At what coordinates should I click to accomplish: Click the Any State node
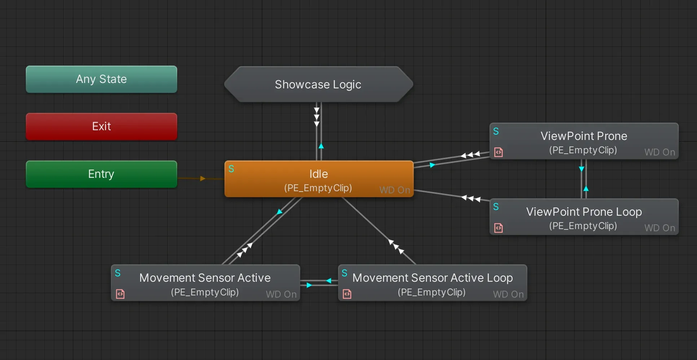tap(101, 79)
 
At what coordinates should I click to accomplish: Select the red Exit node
tap(101, 126)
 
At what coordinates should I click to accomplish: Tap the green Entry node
tap(101, 174)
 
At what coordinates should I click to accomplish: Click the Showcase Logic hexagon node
tap(318, 84)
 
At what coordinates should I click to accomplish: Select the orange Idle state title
tap(318, 174)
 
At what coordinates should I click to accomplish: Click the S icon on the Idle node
tap(231, 169)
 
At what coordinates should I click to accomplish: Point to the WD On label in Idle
tap(394, 190)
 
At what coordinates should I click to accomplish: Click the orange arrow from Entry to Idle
tap(203, 179)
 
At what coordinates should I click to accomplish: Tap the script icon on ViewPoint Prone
tap(498, 152)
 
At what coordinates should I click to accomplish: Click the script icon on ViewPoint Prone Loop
tap(498, 228)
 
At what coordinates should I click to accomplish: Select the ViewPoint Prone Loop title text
tap(584, 212)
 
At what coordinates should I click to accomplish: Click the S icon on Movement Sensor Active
tap(118, 273)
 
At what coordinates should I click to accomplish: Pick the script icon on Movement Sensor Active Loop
tap(347, 294)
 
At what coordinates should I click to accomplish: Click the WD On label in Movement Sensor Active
tap(281, 294)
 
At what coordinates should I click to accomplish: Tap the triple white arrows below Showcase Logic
tap(317, 117)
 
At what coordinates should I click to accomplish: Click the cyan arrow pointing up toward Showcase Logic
tap(321, 146)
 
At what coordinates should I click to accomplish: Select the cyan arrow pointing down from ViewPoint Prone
tap(581, 169)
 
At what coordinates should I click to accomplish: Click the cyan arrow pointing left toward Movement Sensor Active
tap(328, 280)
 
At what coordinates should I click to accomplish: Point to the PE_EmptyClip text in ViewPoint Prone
tap(583, 150)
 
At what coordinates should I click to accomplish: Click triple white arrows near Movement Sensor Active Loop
tap(396, 247)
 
